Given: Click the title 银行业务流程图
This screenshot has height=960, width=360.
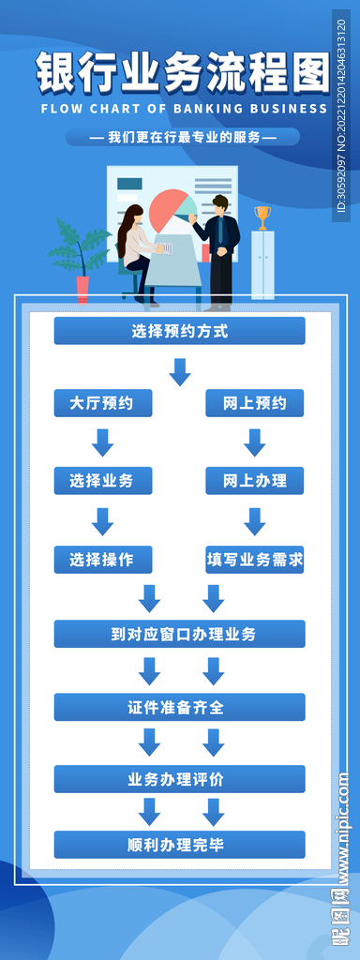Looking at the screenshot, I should point(183,71).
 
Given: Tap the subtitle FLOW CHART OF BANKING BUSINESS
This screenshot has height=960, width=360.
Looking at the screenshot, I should point(184,109).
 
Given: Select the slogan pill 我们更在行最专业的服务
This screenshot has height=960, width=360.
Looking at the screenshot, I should point(183,137).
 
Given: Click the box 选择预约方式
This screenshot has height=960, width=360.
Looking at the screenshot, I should point(179,331).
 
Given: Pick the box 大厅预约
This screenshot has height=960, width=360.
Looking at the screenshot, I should point(102,403).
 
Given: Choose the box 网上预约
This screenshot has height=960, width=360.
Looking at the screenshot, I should point(255,403).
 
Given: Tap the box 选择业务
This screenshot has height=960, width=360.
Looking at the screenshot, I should point(102,481).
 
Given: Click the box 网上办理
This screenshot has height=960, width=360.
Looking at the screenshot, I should point(255,481).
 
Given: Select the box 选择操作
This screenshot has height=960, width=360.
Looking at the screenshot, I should point(102,560).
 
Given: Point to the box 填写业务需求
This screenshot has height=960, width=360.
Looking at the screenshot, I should point(255,560).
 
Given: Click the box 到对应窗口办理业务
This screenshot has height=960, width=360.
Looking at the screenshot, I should point(179,634).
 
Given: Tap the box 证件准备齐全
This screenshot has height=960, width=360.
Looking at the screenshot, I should point(179,707).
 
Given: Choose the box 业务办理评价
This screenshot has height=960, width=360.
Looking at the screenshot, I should point(179,779).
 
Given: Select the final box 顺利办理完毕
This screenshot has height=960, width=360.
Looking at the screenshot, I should point(179,844).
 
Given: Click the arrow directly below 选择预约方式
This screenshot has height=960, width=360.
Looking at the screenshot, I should point(179,372).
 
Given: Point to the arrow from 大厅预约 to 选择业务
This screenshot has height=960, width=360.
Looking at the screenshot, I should point(103,442).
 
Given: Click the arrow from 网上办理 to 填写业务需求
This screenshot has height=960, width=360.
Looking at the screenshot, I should point(255,521).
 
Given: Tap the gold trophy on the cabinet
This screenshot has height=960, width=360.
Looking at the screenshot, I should point(262,217).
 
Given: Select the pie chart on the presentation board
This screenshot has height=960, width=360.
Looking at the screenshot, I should point(170,209).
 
